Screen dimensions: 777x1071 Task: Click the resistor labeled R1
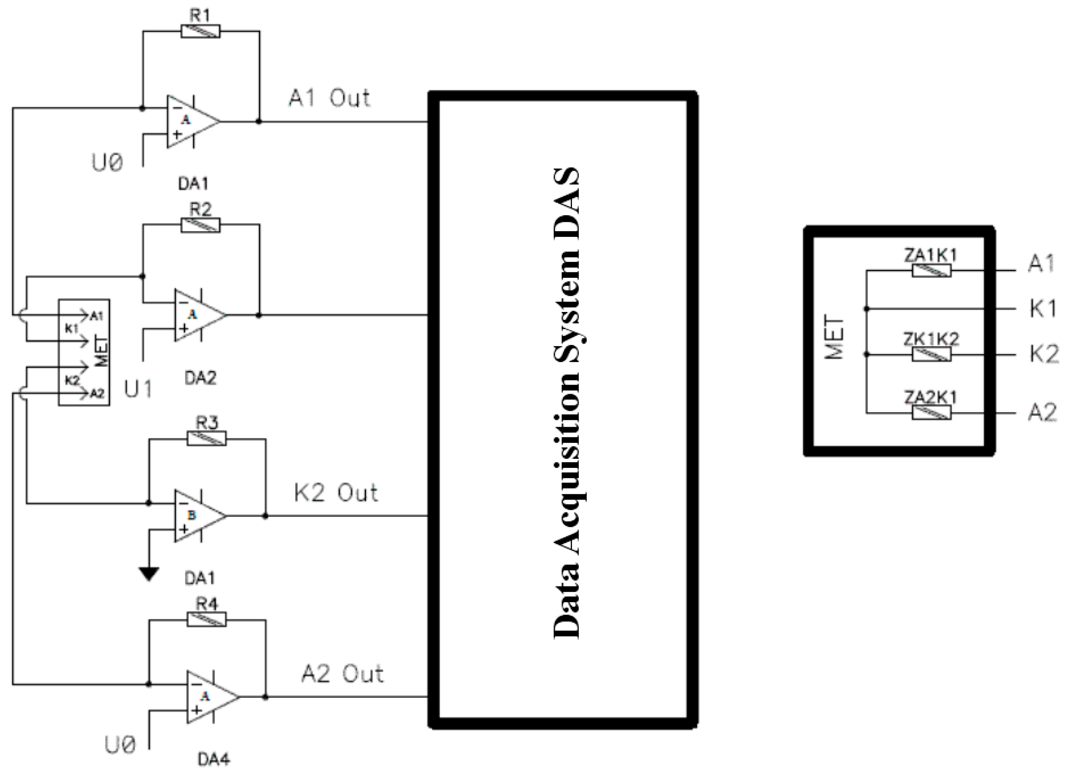coord(200,32)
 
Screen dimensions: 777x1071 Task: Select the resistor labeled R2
coord(200,225)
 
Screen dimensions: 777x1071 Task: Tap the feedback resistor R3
coord(207,439)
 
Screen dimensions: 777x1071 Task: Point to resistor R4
coord(207,620)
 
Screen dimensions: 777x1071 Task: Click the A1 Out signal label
coord(329,99)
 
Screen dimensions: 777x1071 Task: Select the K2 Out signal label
coord(336,493)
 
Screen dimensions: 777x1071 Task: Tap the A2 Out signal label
coord(342,674)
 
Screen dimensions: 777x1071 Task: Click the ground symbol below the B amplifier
coord(149,573)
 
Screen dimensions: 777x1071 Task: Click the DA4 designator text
coord(213,759)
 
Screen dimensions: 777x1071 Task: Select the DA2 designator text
coord(200,378)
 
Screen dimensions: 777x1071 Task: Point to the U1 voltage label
coord(138,389)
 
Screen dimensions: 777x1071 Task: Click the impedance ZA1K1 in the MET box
coord(931,271)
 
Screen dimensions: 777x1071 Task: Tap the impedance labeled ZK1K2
coord(931,354)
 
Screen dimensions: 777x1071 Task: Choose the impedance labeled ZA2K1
coord(931,413)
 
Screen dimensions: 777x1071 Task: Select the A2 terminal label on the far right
coord(1042,413)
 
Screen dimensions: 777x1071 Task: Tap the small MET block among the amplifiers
coord(84,352)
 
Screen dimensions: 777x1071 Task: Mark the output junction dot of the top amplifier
coord(258,121)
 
